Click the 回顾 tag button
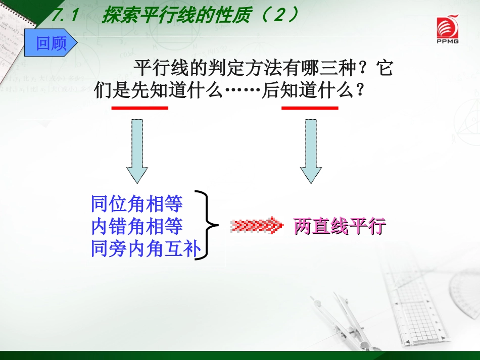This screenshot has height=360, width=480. click(x=52, y=43)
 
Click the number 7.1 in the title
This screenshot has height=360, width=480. click(x=65, y=16)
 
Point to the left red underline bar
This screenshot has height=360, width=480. click(x=140, y=108)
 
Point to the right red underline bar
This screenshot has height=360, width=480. click(x=310, y=108)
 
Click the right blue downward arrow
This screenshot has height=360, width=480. click(x=311, y=150)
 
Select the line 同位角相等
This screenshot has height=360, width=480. click(x=137, y=204)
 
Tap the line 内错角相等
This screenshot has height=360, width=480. click(x=137, y=227)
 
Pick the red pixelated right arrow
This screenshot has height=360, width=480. click(x=257, y=226)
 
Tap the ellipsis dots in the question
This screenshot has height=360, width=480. click(x=243, y=91)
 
